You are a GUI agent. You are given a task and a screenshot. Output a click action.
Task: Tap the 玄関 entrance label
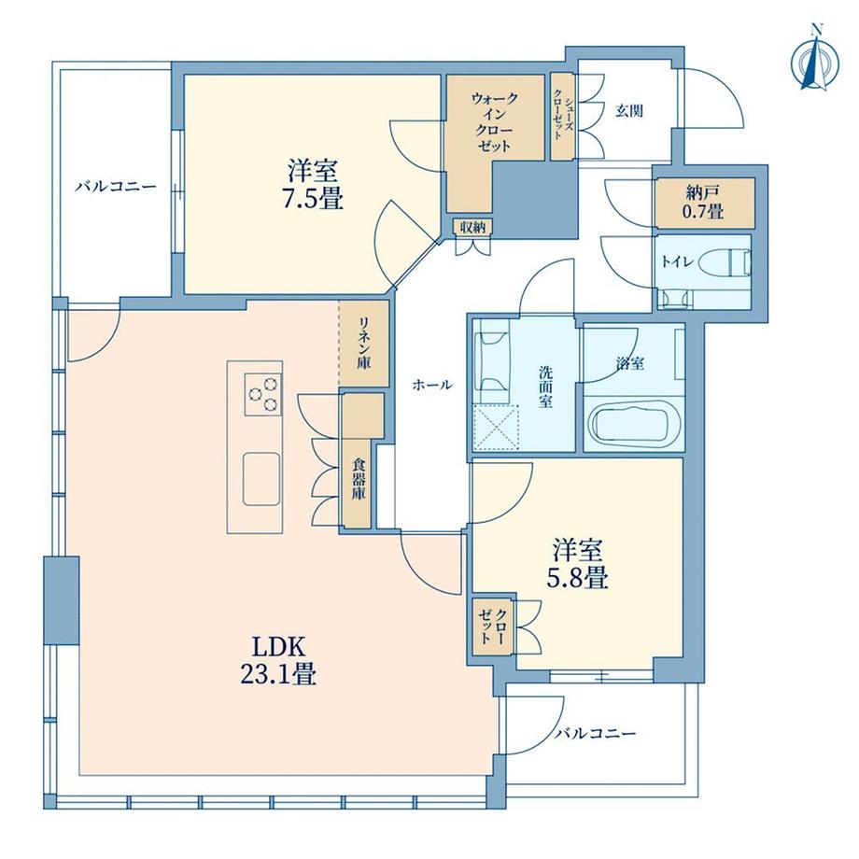pyautogui.click(x=629, y=111)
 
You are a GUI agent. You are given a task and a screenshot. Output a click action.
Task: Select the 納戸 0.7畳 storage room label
pyautogui.click(x=703, y=202)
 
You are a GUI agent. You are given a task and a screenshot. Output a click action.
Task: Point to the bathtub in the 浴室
pyautogui.click(x=634, y=424)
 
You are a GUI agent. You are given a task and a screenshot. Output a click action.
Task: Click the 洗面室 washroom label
pyautogui.click(x=545, y=387)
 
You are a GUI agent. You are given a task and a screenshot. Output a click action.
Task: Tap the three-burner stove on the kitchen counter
pyautogui.click(x=263, y=394)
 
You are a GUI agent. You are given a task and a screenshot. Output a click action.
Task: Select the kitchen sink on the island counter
pyautogui.click(x=261, y=479)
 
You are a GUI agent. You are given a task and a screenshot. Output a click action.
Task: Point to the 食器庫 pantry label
pyautogui.click(x=359, y=479)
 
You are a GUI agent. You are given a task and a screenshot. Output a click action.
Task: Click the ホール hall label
pyautogui.click(x=432, y=385)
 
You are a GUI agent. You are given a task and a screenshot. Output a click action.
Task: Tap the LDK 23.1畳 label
pyautogui.click(x=277, y=661)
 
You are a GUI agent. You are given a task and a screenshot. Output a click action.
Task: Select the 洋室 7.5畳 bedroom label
pyautogui.click(x=313, y=185)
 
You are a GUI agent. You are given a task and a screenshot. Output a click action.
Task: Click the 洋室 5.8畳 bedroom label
pyautogui.click(x=578, y=564)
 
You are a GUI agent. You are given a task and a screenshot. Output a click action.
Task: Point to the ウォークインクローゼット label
pyautogui.click(x=494, y=122)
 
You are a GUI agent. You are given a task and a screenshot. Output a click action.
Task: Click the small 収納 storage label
pyautogui.click(x=472, y=227)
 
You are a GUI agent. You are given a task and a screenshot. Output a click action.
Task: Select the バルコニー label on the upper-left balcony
pyautogui.click(x=116, y=186)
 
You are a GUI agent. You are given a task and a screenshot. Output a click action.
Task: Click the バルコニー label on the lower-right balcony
pyautogui.click(x=596, y=733)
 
